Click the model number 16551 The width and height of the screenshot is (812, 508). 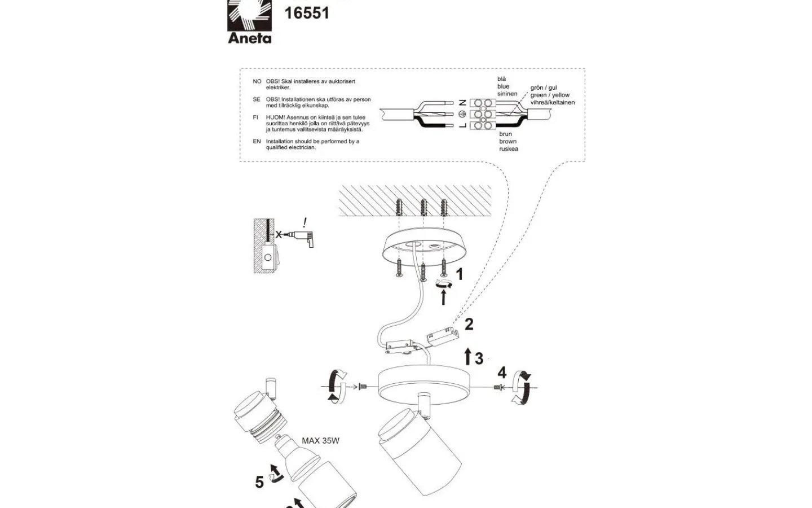(307, 13)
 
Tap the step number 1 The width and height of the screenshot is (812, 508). (459, 274)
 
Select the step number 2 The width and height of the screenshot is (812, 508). (469, 325)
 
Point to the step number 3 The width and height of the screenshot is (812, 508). (479, 358)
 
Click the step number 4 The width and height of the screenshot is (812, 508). (502, 373)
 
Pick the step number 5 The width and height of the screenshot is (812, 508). (259, 482)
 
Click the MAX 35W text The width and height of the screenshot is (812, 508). (320, 441)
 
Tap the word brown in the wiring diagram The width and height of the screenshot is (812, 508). (507, 142)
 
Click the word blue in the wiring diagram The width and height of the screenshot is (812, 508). (503, 87)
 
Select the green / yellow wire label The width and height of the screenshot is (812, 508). (550, 95)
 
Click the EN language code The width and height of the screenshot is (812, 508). (257, 142)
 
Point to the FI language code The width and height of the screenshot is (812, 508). (255, 117)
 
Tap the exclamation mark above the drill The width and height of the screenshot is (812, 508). (305, 222)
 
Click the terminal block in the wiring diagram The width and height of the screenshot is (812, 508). (482, 113)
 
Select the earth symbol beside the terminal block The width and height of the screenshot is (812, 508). (463, 113)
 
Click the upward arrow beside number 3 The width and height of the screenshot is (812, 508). (467, 357)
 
